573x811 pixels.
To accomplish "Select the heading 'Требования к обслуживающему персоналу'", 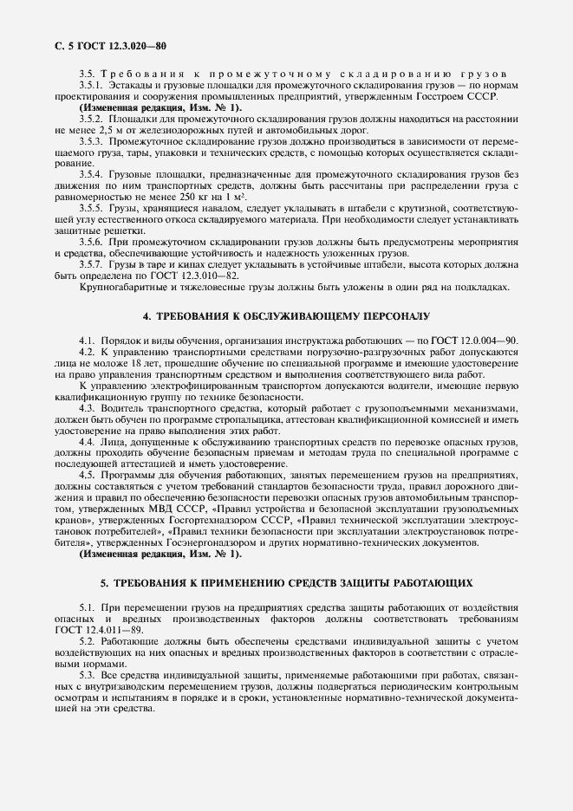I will [286, 318].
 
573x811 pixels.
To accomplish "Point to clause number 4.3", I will [88, 407].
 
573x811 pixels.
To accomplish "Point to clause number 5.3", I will [88, 675].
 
